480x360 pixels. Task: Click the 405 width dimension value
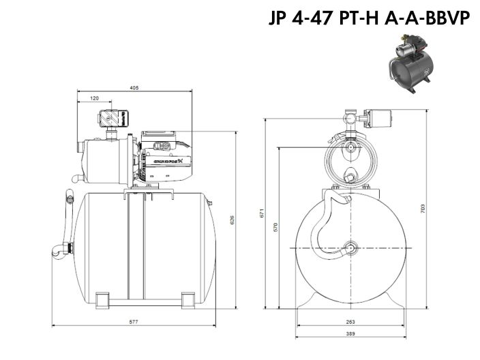point(134,87)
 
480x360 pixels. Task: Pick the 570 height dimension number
point(275,228)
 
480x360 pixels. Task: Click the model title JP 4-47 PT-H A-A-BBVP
point(370,18)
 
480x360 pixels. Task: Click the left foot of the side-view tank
point(103,299)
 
